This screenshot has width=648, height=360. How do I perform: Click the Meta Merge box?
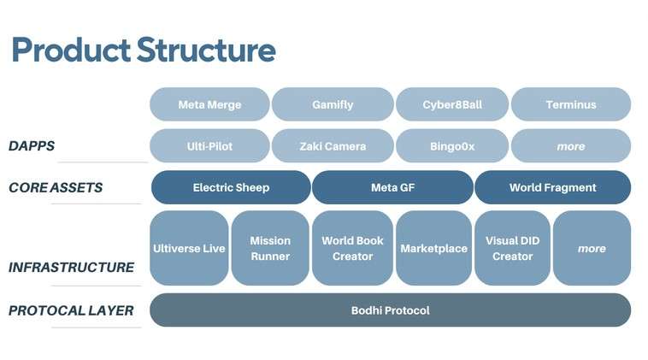click(x=209, y=104)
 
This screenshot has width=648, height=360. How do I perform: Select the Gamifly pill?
click(x=333, y=104)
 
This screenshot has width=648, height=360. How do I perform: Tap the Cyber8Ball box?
click(x=452, y=104)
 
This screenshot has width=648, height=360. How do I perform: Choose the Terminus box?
click(x=571, y=104)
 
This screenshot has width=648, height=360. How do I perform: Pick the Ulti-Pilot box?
click(x=209, y=145)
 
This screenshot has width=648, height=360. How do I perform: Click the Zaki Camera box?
click(x=333, y=145)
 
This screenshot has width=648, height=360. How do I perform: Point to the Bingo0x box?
click(x=452, y=145)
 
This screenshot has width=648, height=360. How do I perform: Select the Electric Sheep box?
click(x=231, y=187)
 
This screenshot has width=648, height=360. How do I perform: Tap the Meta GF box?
click(x=392, y=187)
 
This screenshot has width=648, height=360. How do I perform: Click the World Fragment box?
click(x=553, y=187)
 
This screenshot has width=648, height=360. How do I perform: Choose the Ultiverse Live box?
click(x=189, y=248)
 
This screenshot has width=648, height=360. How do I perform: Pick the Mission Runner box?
click(x=270, y=248)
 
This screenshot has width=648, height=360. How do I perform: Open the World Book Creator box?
click(x=352, y=248)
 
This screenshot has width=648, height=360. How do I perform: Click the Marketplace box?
click(x=434, y=248)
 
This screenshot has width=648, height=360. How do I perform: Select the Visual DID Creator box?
click(x=512, y=248)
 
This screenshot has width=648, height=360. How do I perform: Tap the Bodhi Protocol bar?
click(x=390, y=310)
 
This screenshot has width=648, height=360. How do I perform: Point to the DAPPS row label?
click(x=32, y=146)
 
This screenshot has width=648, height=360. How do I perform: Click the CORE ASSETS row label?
click(x=56, y=187)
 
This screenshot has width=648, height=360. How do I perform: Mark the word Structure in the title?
click(x=206, y=50)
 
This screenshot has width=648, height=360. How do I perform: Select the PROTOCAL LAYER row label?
click(x=71, y=310)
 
